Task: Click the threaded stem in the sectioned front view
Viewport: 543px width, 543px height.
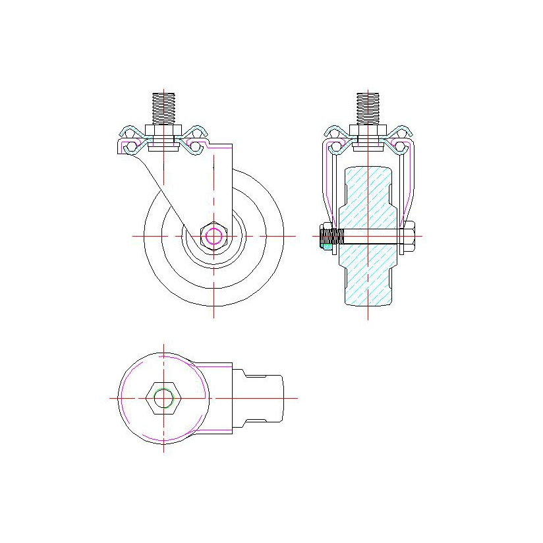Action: pyautogui.click(x=368, y=108)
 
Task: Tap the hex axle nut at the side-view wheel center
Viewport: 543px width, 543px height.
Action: pyautogui.click(x=213, y=235)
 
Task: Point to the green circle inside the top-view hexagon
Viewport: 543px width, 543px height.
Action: pyautogui.click(x=163, y=398)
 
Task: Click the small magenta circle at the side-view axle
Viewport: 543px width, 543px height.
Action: pyautogui.click(x=213, y=235)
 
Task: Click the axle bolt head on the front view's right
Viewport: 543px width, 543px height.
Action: pyautogui.click(x=409, y=236)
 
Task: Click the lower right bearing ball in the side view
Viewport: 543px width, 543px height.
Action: pyautogui.click(x=195, y=146)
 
